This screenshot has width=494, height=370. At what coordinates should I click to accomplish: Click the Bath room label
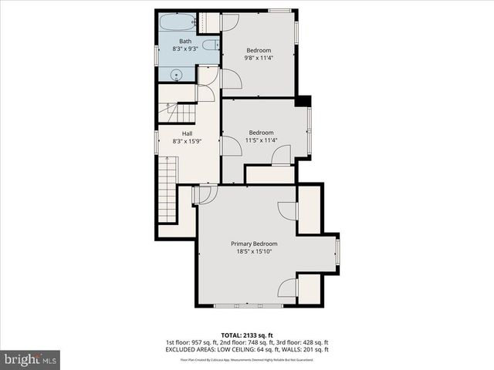[x=185, y=41]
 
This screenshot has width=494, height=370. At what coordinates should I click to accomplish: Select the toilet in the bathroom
[x=210, y=45]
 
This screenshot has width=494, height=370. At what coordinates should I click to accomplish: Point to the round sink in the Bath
[x=176, y=75]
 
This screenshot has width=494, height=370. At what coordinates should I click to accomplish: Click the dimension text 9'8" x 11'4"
[x=259, y=57]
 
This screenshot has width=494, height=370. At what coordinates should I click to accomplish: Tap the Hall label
[x=187, y=133]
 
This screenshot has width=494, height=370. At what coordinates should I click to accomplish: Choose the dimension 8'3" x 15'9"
[x=187, y=140]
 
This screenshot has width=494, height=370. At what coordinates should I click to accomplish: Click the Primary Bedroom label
[x=254, y=244]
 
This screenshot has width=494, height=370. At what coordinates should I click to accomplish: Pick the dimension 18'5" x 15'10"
[x=254, y=251]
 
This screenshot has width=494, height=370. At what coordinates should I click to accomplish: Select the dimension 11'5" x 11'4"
[x=260, y=140]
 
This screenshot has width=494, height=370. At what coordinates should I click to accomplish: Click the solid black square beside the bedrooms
[x=303, y=101]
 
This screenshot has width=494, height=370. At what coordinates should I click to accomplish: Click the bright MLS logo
[x=30, y=359]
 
